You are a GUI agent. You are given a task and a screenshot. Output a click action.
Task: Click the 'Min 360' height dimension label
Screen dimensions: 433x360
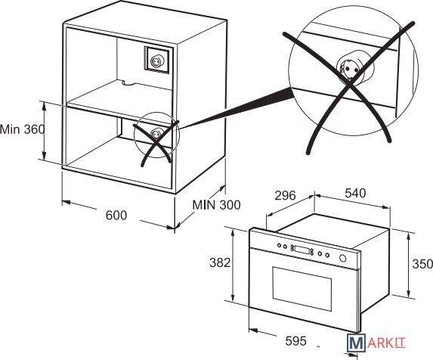click(22, 129)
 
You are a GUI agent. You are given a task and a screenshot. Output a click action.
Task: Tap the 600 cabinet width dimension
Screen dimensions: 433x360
click(116, 216)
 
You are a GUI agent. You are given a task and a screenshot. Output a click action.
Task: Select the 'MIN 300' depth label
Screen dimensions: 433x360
click(216, 205)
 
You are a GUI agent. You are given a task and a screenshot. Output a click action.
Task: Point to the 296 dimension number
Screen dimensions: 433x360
click(285, 196)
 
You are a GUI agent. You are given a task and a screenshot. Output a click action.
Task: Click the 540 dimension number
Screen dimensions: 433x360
click(355, 193)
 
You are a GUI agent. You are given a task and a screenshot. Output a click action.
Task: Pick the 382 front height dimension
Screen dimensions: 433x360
click(220, 262)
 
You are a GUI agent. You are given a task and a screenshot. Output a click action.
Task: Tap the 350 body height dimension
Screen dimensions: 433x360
click(422, 264)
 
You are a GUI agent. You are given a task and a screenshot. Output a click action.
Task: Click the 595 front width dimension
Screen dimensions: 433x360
click(295, 340)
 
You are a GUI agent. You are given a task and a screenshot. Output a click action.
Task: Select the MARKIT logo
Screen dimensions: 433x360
click(376, 343)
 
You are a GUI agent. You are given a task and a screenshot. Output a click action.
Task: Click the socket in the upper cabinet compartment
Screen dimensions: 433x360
click(155, 61)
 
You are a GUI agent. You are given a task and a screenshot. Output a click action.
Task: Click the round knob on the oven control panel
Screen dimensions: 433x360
click(343, 258)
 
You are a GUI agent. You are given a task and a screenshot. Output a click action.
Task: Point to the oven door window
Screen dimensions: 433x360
click(302, 288)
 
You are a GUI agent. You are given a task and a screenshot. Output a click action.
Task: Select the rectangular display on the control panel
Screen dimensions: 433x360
click(302, 250)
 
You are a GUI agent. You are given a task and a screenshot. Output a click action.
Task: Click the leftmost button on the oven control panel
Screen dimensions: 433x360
click(280, 245)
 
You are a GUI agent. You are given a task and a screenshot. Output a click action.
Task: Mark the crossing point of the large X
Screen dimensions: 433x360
click(350, 82)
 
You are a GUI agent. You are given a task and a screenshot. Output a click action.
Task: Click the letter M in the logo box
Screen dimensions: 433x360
click(356, 343)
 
